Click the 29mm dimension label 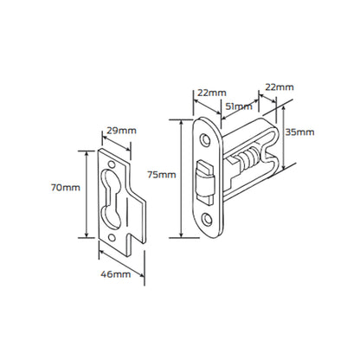(x=122, y=130)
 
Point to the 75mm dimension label (x=162, y=174)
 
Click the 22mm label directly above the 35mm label (x=279, y=88)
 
